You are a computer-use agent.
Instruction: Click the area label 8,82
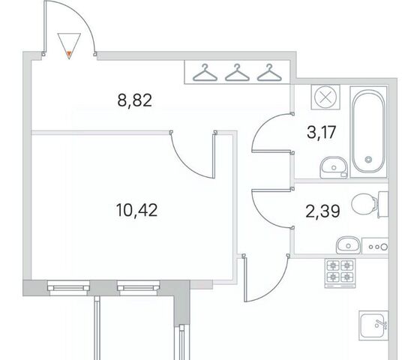135,100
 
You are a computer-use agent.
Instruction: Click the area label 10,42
136,210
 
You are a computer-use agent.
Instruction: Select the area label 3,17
322,132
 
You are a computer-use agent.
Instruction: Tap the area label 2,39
322,211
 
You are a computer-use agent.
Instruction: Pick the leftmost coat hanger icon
205,72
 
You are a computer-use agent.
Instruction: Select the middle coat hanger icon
237,72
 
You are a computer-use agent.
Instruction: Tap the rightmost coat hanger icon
269,72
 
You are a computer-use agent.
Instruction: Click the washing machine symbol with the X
325,97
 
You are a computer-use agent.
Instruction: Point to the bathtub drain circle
368,159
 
